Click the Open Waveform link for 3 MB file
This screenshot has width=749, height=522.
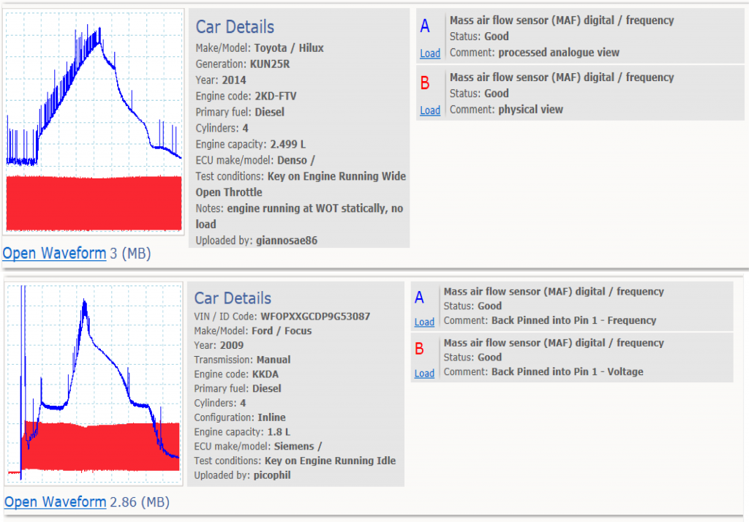click(54, 253)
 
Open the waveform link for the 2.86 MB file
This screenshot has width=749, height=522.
click(56, 502)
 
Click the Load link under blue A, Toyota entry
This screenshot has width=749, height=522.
click(430, 53)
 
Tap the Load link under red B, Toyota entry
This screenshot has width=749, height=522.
click(430, 110)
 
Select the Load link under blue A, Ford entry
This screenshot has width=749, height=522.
click(424, 322)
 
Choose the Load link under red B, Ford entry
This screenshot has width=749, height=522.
click(424, 374)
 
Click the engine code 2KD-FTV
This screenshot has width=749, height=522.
click(276, 96)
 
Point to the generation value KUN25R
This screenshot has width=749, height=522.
click(270, 64)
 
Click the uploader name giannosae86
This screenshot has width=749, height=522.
click(287, 241)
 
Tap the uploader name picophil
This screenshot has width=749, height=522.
click(272, 475)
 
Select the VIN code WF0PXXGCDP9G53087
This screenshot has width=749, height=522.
click(315, 316)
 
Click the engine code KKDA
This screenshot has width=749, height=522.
click(265, 374)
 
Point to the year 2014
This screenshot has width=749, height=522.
click(234, 80)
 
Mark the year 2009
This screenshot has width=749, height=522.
click(232, 345)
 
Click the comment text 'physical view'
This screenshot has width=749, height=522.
click(531, 110)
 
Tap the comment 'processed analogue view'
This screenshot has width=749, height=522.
click(559, 53)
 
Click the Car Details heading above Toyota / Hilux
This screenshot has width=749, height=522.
click(235, 27)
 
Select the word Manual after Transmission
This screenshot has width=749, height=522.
click(274, 360)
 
